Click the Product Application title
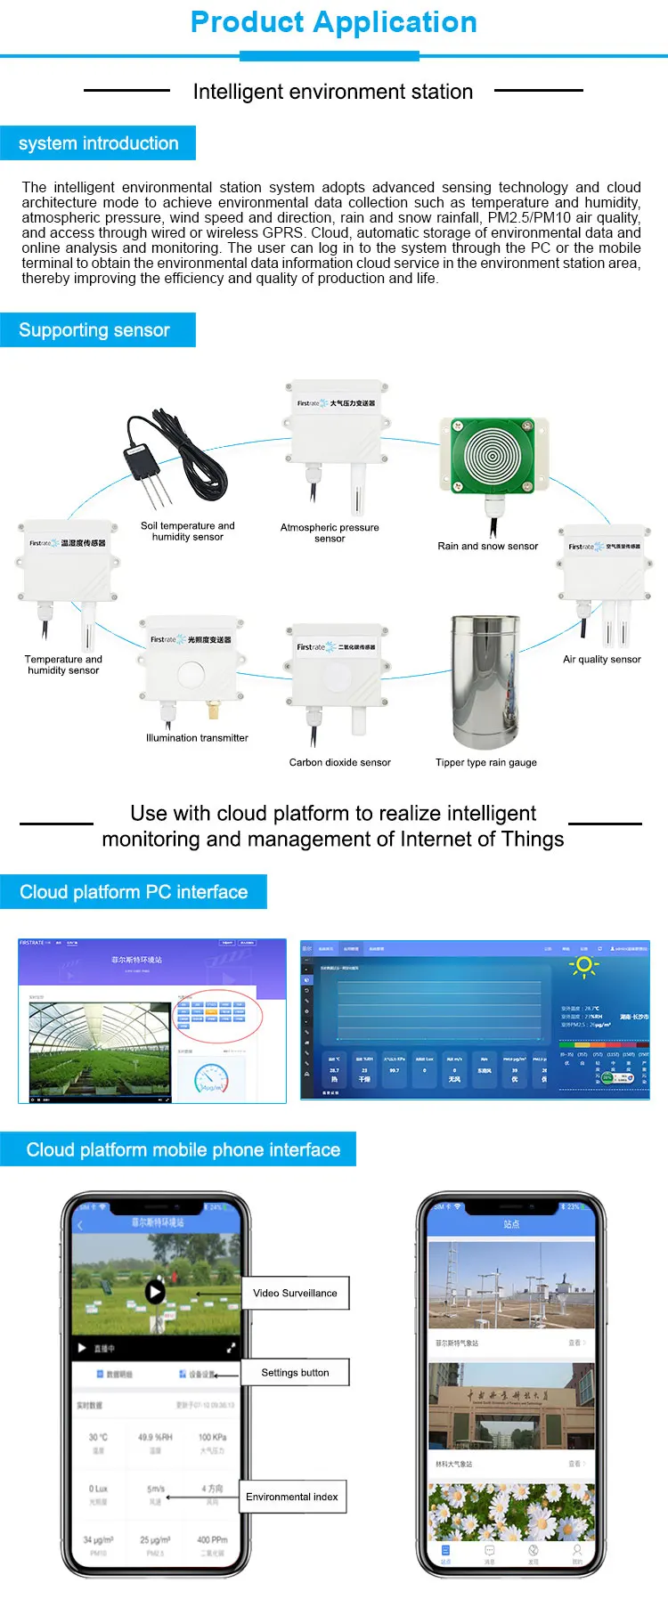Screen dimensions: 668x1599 pos(334,22)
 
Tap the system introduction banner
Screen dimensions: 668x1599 pos(98,143)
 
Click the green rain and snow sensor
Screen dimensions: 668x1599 pos(491,456)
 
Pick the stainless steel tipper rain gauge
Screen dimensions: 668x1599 pos(485,681)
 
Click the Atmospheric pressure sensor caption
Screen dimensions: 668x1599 pos(330,532)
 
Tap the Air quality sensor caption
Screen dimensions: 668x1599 pos(602,660)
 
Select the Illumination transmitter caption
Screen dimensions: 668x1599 pos(197,738)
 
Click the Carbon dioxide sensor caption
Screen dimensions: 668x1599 pos(339,763)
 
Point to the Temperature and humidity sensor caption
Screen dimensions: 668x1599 pos(63,665)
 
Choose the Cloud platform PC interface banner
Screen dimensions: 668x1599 pos(134,892)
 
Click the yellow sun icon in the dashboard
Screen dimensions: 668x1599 pos(584,965)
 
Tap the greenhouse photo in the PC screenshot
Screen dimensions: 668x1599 pos(100,1051)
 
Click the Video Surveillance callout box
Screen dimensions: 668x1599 pos(295,1294)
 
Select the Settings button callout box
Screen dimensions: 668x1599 pos(295,1373)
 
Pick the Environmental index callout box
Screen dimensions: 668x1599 pos(292,1497)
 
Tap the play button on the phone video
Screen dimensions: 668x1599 pos(155,1291)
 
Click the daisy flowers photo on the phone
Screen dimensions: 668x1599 pos(510,1512)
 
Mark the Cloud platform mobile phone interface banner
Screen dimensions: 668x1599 pos(183,1150)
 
